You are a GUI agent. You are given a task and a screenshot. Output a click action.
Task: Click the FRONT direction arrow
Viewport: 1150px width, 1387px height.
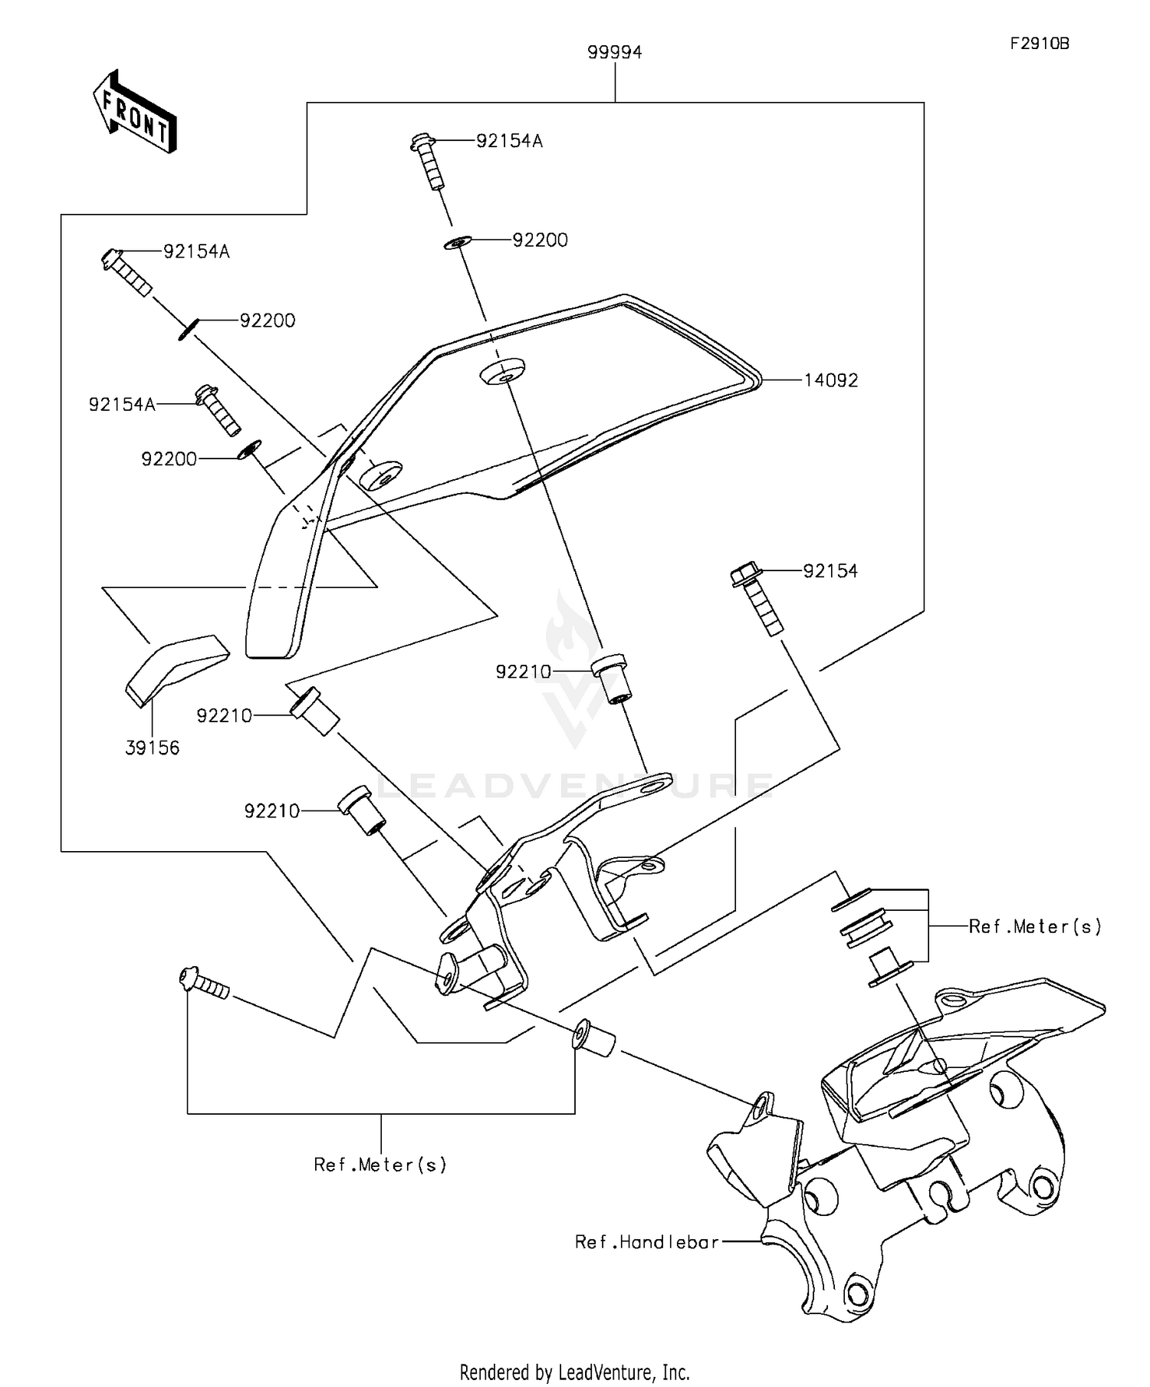click(135, 113)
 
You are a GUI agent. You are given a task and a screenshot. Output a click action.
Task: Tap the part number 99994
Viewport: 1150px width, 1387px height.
click(615, 52)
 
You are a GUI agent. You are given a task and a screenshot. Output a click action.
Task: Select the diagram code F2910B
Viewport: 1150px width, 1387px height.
click(1039, 44)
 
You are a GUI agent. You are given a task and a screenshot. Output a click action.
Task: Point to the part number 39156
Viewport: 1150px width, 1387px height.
click(153, 748)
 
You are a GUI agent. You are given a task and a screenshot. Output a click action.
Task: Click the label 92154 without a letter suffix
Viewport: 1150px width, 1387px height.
click(830, 571)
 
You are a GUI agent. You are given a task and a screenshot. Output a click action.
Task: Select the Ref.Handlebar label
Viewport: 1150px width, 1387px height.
click(647, 1241)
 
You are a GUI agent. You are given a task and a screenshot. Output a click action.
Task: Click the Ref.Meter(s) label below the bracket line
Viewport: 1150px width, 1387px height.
click(380, 1165)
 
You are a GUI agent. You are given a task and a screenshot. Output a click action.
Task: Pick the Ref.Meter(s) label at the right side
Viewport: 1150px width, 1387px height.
click(1035, 926)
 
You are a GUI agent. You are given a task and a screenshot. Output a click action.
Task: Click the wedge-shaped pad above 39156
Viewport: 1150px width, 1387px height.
click(177, 669)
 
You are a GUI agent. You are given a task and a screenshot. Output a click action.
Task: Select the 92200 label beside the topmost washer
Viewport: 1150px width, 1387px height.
click(540, 241)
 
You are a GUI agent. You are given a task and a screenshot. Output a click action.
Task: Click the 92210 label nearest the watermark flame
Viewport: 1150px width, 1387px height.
click(524, 672)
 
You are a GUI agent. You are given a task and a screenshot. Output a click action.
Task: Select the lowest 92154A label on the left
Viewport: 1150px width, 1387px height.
click(122, 405)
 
